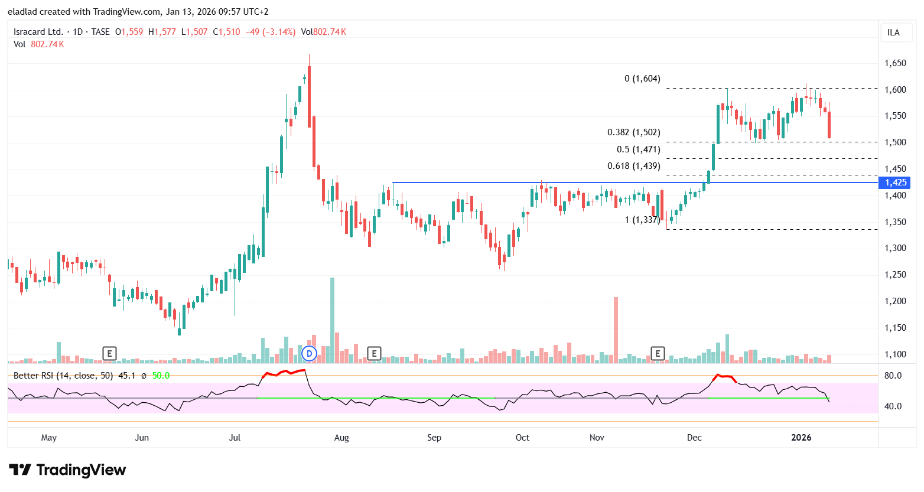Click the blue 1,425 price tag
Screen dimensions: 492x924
click(x=895, y=183)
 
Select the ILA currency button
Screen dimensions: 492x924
click(x=893, y=32)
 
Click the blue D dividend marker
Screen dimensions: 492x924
click(x=309, y=354)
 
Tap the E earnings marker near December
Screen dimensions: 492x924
click(x=658, y=354)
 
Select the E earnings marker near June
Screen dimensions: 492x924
click(x=109, y=354)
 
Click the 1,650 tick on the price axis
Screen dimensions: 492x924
click(x=895, y=63)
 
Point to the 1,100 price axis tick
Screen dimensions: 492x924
click(x=895, y=354)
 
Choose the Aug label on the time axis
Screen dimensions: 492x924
click(x=341, y=438)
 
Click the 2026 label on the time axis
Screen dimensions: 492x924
click(x=801, y=438)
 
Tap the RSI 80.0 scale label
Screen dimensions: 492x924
click(x=893, y=376)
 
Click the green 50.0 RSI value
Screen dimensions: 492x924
click(x=161, y=376)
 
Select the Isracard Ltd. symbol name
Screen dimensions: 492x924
click(x=38, y=32)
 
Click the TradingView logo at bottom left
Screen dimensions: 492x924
click(x=67, y=470)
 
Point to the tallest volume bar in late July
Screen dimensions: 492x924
click(x=332, y=319)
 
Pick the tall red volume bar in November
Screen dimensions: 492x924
click(x=616, y=329)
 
